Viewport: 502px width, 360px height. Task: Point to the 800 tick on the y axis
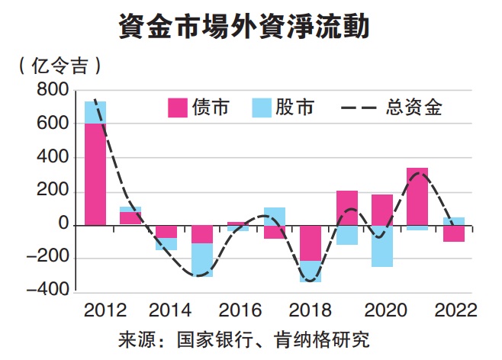52,91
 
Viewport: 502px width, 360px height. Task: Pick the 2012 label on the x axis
105,311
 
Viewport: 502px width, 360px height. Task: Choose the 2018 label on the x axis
311,311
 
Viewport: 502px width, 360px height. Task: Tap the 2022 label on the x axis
453,311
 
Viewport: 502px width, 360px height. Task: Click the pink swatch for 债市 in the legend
178,108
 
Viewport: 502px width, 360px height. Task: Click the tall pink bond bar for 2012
95,174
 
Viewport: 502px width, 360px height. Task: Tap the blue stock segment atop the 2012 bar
95,112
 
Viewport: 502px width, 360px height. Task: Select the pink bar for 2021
417,196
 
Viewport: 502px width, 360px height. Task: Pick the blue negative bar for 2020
382,246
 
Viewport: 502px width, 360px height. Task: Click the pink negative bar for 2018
311,243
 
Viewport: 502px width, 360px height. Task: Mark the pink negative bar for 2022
454,233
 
